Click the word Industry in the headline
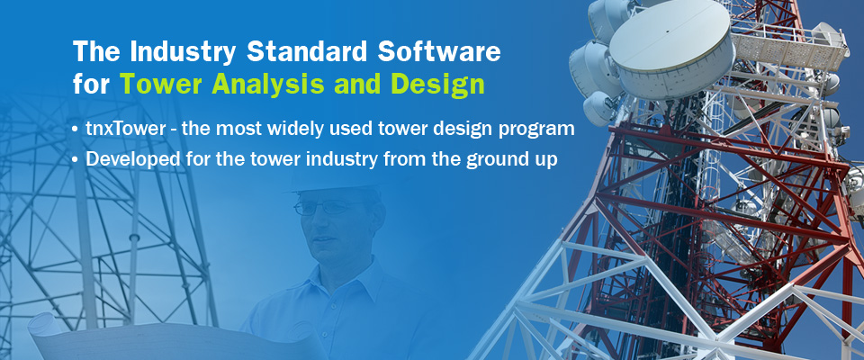point(183,52)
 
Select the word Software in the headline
point(439,51)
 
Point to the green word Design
point(444,85)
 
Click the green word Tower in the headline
point(162,85)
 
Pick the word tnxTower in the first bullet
point(126,129)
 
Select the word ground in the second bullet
point(495,160)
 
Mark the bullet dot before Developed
point(76,160)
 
